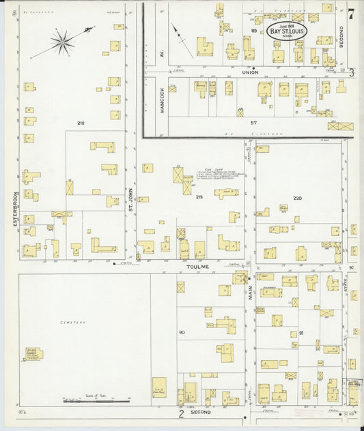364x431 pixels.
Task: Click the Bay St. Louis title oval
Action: (288, 31)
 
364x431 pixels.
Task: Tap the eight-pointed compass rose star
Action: (62, 43)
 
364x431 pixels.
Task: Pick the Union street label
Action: (250, 74)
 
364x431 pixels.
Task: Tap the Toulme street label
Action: (198, 268)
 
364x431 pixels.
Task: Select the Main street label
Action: (251, 292)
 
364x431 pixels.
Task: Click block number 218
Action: (81, 123)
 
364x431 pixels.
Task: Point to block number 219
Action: (199, 197)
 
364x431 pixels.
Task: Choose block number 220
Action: (297, 198)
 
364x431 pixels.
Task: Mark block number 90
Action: (182, 332)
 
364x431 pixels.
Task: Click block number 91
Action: (301, 333)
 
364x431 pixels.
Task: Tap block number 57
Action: (253, 122)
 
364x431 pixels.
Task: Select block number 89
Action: (254, 31)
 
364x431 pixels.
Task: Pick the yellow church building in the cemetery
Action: (32, 354)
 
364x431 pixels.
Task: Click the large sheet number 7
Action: (350, 14)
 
